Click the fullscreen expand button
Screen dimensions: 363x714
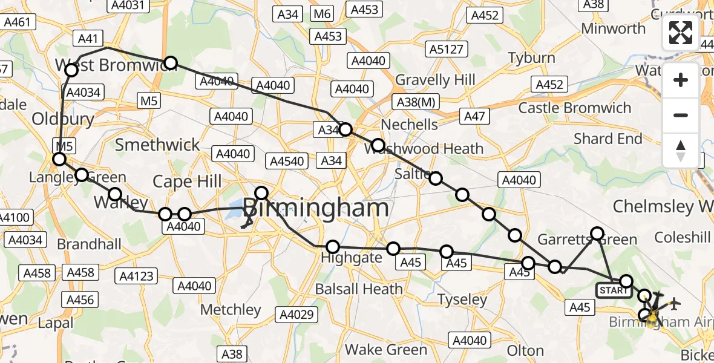coord(681,33)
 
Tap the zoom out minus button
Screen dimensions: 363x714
coord(681,115)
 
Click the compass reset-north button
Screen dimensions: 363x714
coord(681,150)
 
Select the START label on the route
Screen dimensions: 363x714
coord(614,290)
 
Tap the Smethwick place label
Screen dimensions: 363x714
coord(157,145)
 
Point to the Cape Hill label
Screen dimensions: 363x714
coord(187,181)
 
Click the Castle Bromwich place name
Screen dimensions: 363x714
coord(575,109)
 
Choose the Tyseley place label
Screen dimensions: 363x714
coord(462,299)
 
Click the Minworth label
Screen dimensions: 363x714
coord(614,28)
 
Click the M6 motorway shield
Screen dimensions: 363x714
coord(323,14)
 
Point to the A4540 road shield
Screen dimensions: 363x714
coord(287,161)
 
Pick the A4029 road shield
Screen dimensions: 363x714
coord(296,315)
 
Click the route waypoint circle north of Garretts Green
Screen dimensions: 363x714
coord(597,234)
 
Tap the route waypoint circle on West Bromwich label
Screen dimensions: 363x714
coord(71,70)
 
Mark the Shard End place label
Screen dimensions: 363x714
coord(608,139)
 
